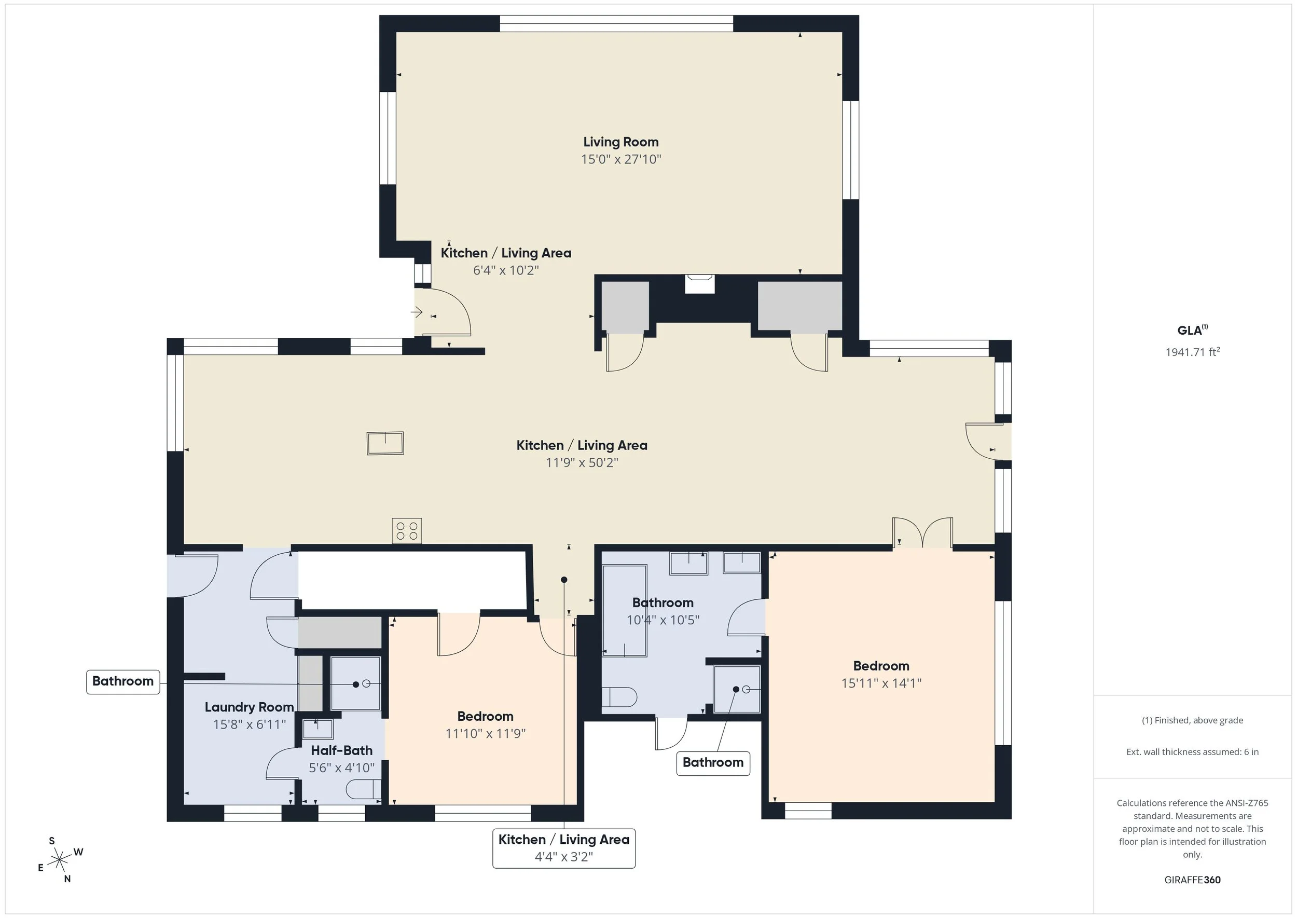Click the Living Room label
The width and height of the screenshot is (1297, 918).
click(x=620, y=142)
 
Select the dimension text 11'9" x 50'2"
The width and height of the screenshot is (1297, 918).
click(x=582, y=462)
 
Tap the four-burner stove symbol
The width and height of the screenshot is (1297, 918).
click(x=406, y=531)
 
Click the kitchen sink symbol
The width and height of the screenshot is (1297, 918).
click(x=385, y=443)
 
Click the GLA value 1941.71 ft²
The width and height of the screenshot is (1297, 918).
click(x=1192, y=352)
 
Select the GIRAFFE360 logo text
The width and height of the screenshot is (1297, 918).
click(x=1192, y=880)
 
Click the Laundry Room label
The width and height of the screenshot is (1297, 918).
click(x=249, y=707)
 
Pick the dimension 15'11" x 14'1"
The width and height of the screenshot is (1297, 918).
click(x=880, y=683)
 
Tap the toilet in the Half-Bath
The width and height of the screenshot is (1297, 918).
click(x=362, y=789)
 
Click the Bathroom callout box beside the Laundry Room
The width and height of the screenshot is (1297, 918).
click(x=122, y=681)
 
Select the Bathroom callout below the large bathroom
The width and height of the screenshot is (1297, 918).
click(x=713, y=762)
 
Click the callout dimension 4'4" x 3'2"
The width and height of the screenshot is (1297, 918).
click(x=563, y=857)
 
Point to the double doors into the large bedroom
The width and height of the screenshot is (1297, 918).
click(x=922, y=533)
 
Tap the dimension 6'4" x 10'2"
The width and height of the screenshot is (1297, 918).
click(x=505, y=270)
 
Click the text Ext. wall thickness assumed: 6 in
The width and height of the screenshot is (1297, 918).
click(x=1192, y=752)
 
